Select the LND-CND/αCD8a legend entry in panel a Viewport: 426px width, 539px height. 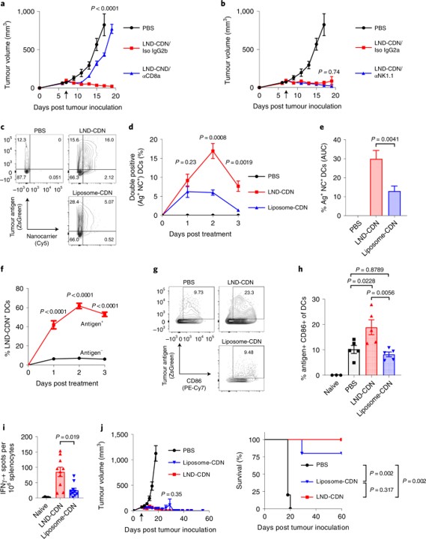click(164, 67)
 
